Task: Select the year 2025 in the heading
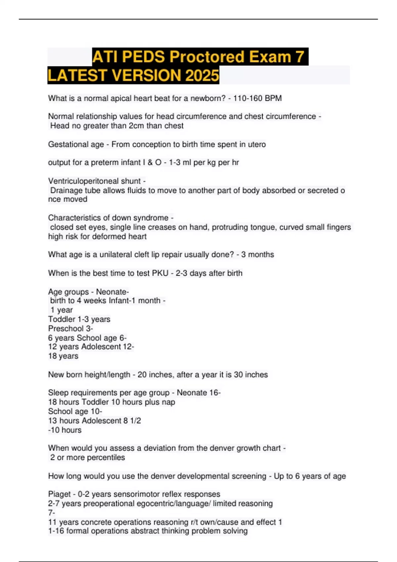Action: point(202,75)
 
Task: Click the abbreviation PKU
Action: point(160,273)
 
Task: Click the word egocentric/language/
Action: point(172,504)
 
